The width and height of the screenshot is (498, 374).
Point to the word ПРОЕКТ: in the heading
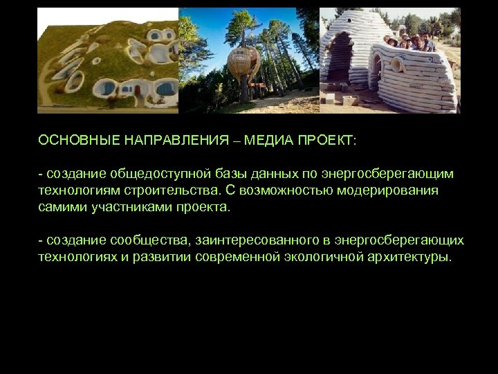point(326,141)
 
